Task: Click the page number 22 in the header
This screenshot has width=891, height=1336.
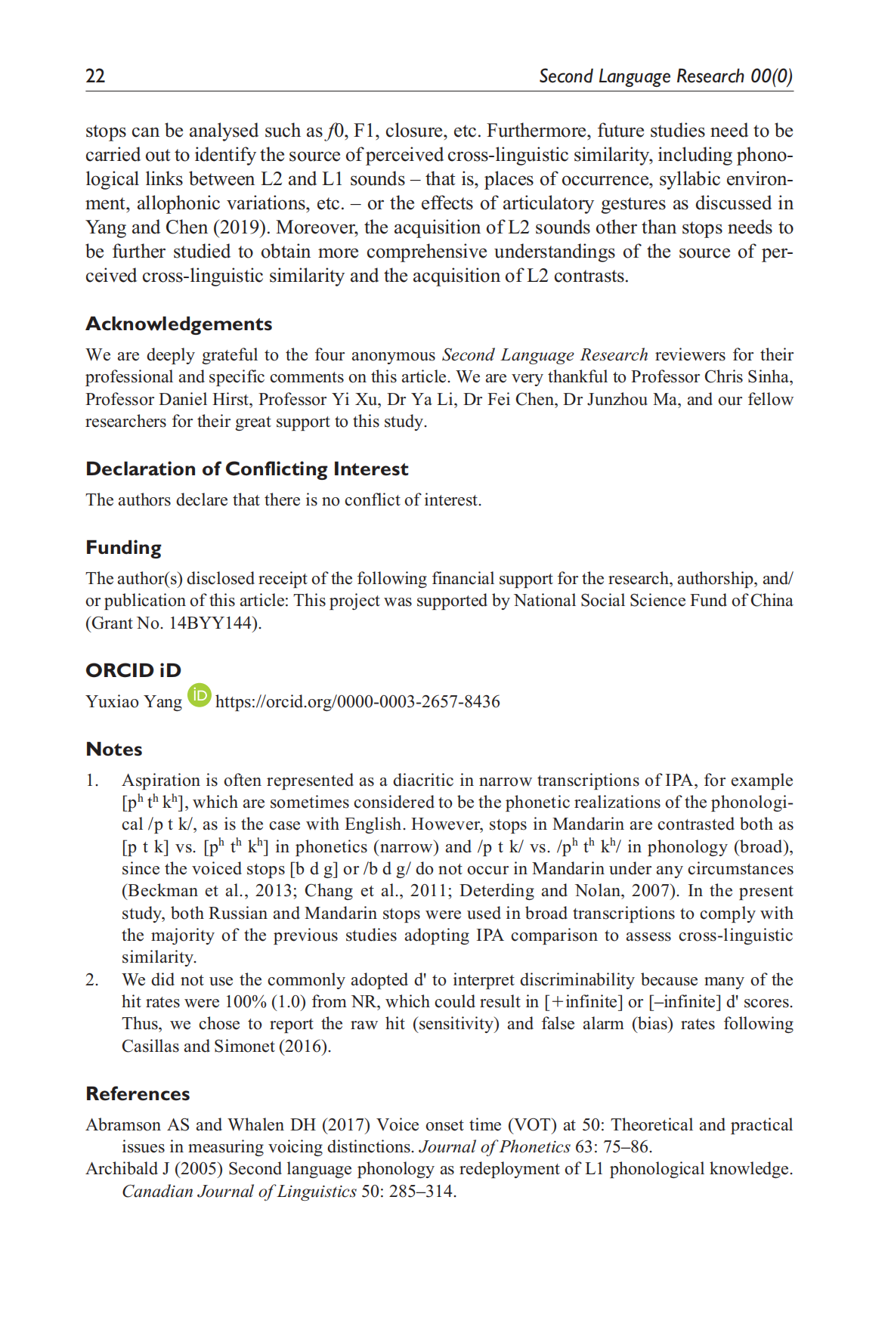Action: coord(95,76)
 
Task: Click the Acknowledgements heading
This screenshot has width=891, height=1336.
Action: coord(178,323)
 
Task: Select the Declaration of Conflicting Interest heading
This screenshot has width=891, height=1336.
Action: coord(246,469)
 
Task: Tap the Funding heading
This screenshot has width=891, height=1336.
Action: coord(123,547)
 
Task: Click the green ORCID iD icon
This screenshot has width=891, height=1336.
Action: coord(199,694)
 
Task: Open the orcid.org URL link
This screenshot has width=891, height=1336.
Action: coord(357,701)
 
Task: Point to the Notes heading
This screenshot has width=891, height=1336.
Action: coord(114,749)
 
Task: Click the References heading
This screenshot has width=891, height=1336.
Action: coord(138,1093)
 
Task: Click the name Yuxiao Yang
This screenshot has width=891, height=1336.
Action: coord(134,701)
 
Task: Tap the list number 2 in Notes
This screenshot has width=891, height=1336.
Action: coord(91,979)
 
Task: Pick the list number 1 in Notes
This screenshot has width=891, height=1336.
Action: coord(91,780)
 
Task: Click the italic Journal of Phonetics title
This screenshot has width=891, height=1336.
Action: coord(494,1146)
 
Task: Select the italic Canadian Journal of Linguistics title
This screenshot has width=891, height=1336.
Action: coord(239,1191)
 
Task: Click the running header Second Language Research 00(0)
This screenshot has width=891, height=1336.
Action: coord(665,76)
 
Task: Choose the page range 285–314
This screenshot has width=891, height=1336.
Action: coord(422,1191)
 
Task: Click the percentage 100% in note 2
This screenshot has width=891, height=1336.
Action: coord(246,1001)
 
